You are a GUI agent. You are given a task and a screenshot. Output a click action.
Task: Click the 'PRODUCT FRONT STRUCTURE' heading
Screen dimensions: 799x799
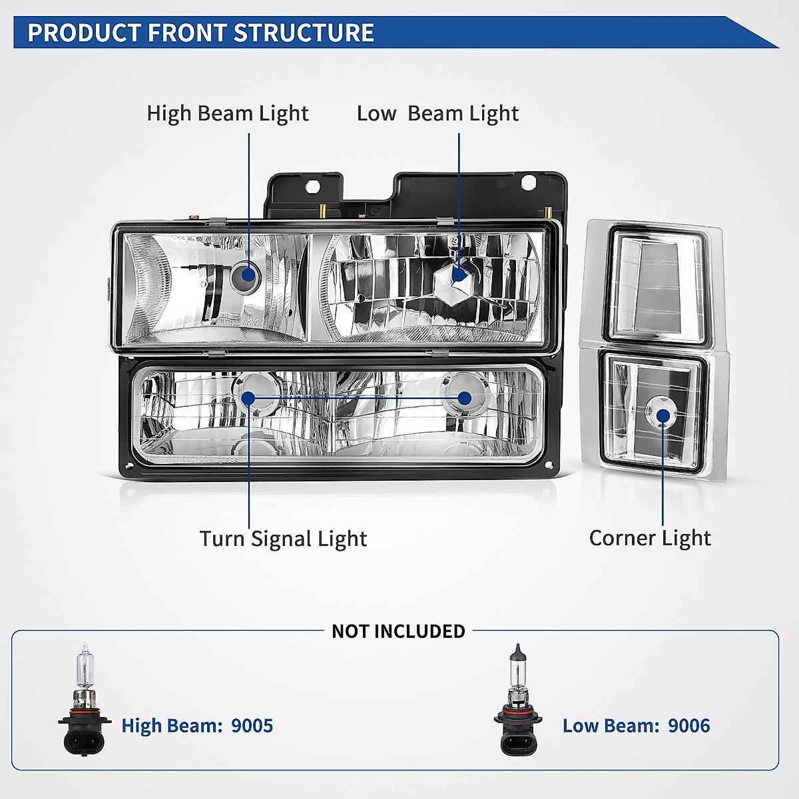coord(200,33)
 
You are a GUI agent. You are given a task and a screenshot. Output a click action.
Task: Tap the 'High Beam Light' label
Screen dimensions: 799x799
coord(228,113)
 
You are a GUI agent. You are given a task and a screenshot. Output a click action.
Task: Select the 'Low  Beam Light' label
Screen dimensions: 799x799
coord(437,113)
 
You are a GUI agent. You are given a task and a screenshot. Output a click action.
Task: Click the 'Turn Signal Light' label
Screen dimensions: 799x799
coord(283,538)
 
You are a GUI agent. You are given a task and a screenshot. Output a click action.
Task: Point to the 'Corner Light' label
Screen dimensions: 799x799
coord(650,537)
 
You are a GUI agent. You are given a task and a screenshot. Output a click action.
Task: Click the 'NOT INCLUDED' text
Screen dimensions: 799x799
coord(398,631)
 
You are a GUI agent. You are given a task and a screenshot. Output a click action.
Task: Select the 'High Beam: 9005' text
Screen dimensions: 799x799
coord(197,725)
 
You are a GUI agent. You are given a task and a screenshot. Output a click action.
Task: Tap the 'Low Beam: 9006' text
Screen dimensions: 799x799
coord(636,725)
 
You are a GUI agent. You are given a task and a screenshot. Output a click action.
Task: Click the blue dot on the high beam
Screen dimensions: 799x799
coord(249,275)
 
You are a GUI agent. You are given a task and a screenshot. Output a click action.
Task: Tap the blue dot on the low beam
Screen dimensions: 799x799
coord(459,274)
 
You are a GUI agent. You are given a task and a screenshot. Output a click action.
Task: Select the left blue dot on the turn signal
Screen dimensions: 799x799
coord(248,398)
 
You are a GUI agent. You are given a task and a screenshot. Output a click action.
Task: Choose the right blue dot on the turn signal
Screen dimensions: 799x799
coord(464,398)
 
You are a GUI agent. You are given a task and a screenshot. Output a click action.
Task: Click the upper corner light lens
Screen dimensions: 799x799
coord(657,283)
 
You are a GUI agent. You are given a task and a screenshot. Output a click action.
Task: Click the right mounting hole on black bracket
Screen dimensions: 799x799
coord(529,181)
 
